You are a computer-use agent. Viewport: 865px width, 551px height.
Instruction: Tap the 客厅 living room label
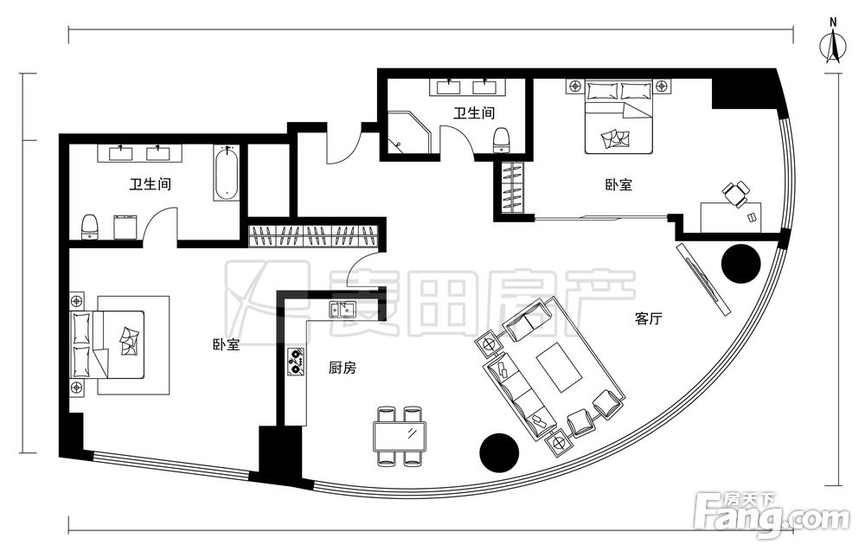648,318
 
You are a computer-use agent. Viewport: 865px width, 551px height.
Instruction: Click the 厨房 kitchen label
342,368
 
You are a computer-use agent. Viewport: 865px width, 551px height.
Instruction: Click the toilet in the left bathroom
89,227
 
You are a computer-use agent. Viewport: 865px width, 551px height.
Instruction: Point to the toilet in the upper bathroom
501,139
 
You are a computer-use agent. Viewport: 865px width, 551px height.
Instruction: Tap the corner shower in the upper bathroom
408,133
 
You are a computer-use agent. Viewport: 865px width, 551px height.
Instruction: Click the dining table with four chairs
400,436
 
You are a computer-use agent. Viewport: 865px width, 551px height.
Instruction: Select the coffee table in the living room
560,366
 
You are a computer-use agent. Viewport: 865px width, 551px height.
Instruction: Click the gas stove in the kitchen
296,362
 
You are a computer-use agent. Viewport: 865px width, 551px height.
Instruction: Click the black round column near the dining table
499,453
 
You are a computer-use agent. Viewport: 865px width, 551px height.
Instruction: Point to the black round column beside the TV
741,263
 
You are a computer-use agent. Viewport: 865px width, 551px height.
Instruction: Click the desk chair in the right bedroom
736,194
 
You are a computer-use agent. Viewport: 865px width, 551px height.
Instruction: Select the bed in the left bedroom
108,344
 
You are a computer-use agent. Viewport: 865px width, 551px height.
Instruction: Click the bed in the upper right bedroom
619,118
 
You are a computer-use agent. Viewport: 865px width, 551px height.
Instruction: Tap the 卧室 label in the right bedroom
618,184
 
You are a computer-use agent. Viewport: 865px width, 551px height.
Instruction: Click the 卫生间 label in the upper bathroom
474,113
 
